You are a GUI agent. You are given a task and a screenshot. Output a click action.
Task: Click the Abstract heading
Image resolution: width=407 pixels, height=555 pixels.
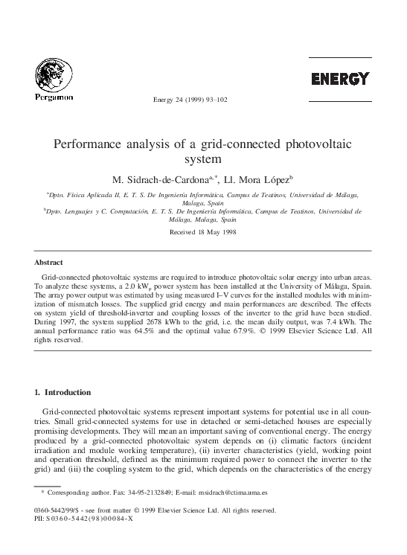(x=49, y=263)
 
